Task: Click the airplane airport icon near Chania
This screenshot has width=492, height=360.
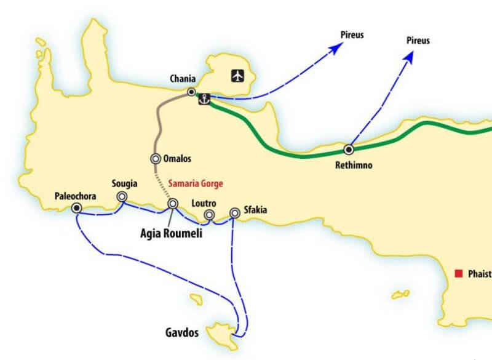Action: point(237,76)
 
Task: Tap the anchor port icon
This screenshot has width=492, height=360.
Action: point(204,98)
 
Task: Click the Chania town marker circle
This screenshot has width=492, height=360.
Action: point(192,92)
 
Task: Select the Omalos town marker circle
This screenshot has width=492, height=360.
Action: point(156,158)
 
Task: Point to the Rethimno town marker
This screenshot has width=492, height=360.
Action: point(349,149)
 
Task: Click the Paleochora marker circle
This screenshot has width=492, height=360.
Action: point(76,208)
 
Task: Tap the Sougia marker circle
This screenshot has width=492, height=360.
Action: point(122,196)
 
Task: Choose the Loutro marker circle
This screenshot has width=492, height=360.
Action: point(209,215)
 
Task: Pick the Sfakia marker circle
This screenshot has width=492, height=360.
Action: point(234,213)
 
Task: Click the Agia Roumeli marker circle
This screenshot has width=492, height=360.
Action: point(173,203)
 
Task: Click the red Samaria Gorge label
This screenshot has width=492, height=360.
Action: point(196,183)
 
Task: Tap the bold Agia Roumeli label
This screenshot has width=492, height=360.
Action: point(171,233)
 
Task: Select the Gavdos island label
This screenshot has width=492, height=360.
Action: point(182,332)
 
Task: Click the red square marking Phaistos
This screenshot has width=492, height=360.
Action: point(458,273)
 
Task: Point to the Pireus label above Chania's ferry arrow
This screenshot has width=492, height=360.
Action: point(352,34)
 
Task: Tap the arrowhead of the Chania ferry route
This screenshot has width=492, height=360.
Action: point(335,49)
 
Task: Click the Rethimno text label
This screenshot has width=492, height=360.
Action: point(354,165)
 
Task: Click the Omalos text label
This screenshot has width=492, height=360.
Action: point(178,159)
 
